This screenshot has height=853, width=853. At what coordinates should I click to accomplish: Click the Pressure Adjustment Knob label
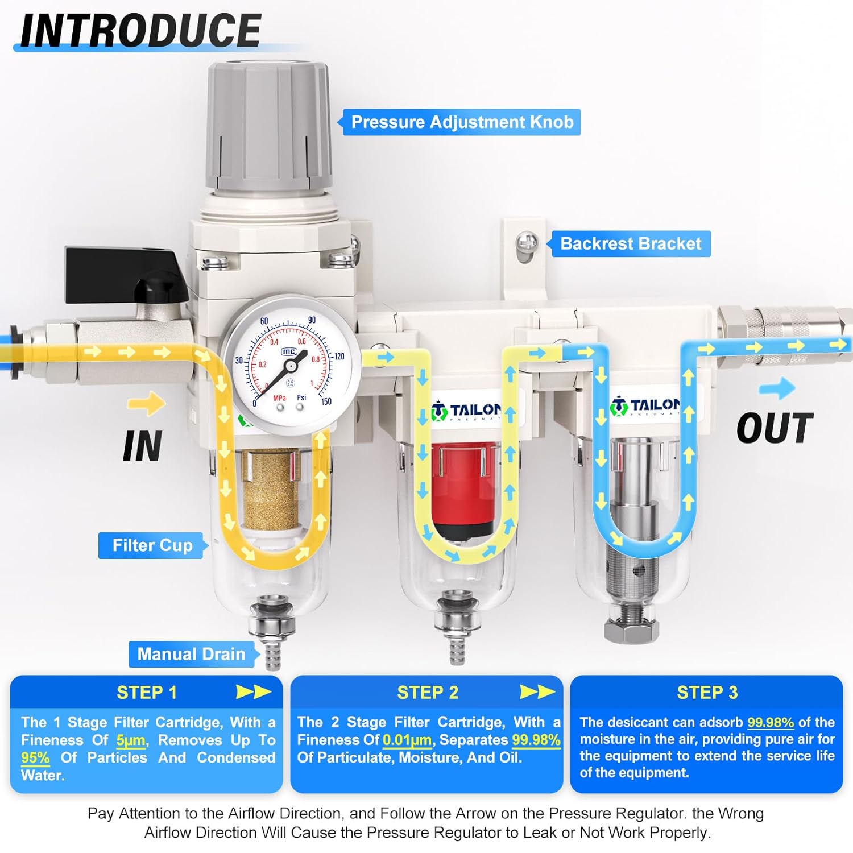462,122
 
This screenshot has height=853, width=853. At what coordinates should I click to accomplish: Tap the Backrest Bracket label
631,243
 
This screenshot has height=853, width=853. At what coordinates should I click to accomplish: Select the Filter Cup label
152,545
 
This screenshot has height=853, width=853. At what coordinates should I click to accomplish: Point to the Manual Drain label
191,654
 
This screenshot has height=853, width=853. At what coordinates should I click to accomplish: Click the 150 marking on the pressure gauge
326,401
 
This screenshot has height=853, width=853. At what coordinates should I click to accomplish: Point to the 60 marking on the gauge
264,321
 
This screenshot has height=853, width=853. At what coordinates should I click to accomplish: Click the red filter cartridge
462,489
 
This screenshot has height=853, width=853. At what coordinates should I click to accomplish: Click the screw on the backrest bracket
527,243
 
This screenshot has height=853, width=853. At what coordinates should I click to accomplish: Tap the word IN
142,446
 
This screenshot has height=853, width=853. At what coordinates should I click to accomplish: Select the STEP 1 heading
147,692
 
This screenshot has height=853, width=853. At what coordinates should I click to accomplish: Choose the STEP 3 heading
707,692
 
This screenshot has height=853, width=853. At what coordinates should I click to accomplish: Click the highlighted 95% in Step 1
35,758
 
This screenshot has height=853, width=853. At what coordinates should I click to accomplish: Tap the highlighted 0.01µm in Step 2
407,740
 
